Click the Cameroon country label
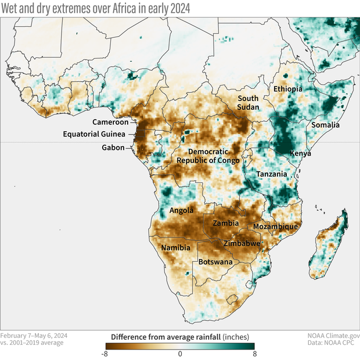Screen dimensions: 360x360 (x=110, y=122)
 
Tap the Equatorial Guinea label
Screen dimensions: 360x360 (x=96, y=135)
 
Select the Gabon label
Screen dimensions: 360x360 (x=113, y=147)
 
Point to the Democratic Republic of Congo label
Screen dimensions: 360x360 (x=208, y=156)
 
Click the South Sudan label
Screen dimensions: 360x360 (x=248, y=103)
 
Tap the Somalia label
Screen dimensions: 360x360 (x=326, y=125)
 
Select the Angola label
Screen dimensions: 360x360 (x=181, y=210)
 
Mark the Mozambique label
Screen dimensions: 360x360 (x=275, y=226)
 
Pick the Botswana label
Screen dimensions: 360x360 (x=216, y=262)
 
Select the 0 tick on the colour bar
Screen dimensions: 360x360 (x=180, y=354)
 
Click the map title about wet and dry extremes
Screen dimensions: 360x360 (x=95, y=8)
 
